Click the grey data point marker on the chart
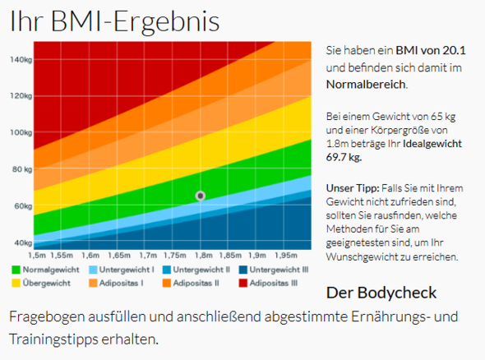point(201,196)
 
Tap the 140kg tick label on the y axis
point(21,60)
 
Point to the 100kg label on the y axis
point(21,132)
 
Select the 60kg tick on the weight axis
point(21,206)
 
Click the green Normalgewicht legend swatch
point(17,270)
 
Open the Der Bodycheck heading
point(381,293)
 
